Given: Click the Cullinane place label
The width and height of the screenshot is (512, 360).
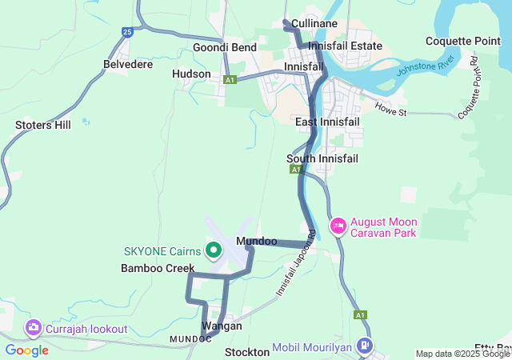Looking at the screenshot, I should click(314, 24).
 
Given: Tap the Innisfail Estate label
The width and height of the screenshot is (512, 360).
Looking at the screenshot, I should click(345, 46).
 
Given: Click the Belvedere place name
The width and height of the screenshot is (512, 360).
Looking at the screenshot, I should click(128, 64).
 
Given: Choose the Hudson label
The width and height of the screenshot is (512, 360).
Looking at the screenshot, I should click(191, 74).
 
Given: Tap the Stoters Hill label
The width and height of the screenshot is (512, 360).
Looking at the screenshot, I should click(43, 125).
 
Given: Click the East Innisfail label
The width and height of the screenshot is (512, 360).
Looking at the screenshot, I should click(327, 122).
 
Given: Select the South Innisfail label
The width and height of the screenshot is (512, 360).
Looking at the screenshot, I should click(322, 159).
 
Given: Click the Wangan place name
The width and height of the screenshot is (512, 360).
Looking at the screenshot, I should click(222, 326).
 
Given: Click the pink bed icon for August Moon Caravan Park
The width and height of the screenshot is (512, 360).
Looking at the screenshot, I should click(338, 226).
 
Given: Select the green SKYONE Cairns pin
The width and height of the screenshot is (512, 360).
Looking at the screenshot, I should click(214, 250).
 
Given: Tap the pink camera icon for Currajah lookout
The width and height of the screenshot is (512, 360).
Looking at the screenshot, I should click(34, 327).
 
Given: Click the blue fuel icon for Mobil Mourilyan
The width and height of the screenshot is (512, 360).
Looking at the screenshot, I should click(365, 346).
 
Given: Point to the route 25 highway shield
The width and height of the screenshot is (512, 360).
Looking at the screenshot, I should click(128, 31).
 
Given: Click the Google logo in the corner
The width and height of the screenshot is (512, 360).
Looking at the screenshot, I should click(26, 350).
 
